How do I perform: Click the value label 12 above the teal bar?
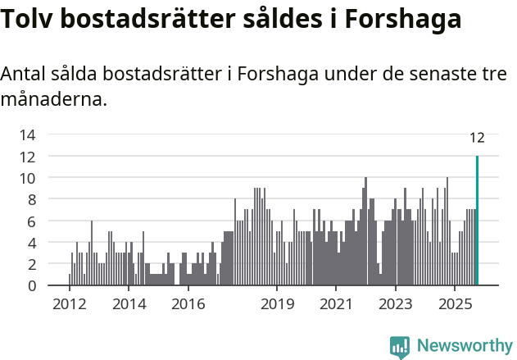click(x=477, y=138)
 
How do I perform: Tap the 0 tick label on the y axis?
click(x=31, y=286)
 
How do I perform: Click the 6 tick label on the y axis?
click(x=31, y=221)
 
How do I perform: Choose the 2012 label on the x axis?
click(x=69, y=304)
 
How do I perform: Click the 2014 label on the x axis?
click(x=129, y=304)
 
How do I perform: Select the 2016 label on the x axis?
click(x=188, y=304)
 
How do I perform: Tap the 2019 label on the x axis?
click(x=277, y=304)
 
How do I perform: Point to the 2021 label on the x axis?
click(x=337, y=304)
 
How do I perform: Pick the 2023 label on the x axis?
click(x=397, y=304)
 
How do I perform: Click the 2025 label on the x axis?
click(x=456, y=304)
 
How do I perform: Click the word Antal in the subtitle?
click(x=23, y=75)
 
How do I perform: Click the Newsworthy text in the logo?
click(x=464, y=345)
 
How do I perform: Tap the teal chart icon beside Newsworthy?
click(x=400, y=346)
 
